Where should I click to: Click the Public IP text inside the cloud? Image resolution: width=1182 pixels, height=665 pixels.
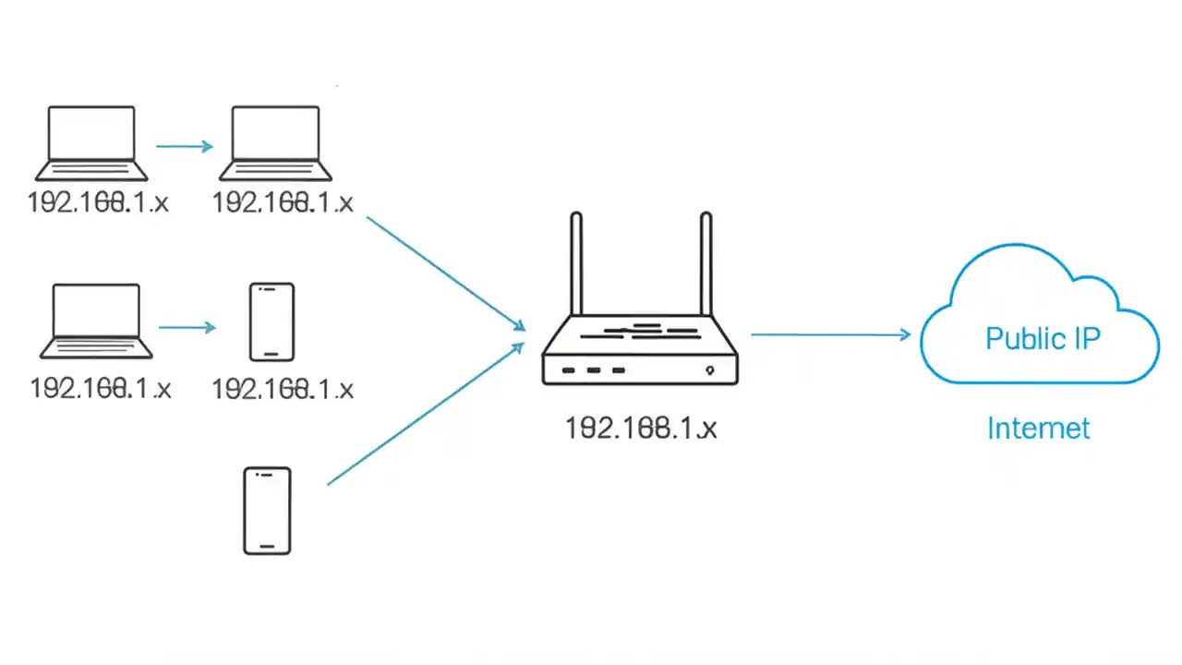coord(1043,338)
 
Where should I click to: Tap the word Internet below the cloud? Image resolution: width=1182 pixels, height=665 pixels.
coord(1038,429)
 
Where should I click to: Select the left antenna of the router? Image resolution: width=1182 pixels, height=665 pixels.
coord(576,264)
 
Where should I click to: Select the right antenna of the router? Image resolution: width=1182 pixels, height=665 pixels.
coord(706,264)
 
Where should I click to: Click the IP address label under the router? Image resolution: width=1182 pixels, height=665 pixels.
coord(641,428)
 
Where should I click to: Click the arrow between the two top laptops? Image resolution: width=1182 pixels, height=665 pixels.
coord(184,146)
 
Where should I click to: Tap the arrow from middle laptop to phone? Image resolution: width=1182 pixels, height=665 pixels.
coord(187,327)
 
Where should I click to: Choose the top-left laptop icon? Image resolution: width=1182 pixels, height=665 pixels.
coord(91,143)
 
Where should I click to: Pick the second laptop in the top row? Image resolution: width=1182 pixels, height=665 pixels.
coord(275,143)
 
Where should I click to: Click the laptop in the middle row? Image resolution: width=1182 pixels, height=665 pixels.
coord(96,321)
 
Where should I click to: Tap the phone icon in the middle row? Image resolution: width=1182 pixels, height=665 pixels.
coord(271,321)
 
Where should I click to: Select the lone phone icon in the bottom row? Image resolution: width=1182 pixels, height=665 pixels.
coord(267,511)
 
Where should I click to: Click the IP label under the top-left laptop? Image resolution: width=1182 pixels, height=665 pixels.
coord(98,203)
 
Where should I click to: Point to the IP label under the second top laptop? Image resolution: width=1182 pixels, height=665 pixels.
coord(283,203)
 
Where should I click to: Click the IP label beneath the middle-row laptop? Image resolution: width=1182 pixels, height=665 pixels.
coord(101,388)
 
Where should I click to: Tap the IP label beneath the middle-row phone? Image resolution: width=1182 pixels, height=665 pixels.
coord(283,389)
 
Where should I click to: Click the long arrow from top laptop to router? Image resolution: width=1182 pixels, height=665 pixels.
coord(445,272)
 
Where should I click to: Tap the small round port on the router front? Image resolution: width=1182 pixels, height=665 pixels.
coord(709,370)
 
